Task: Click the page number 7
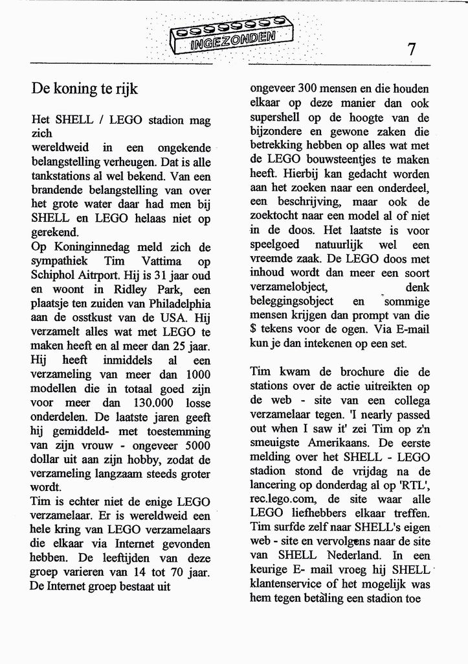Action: [412, 49]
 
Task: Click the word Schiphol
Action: [57, 275]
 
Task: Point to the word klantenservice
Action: [289, 584]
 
